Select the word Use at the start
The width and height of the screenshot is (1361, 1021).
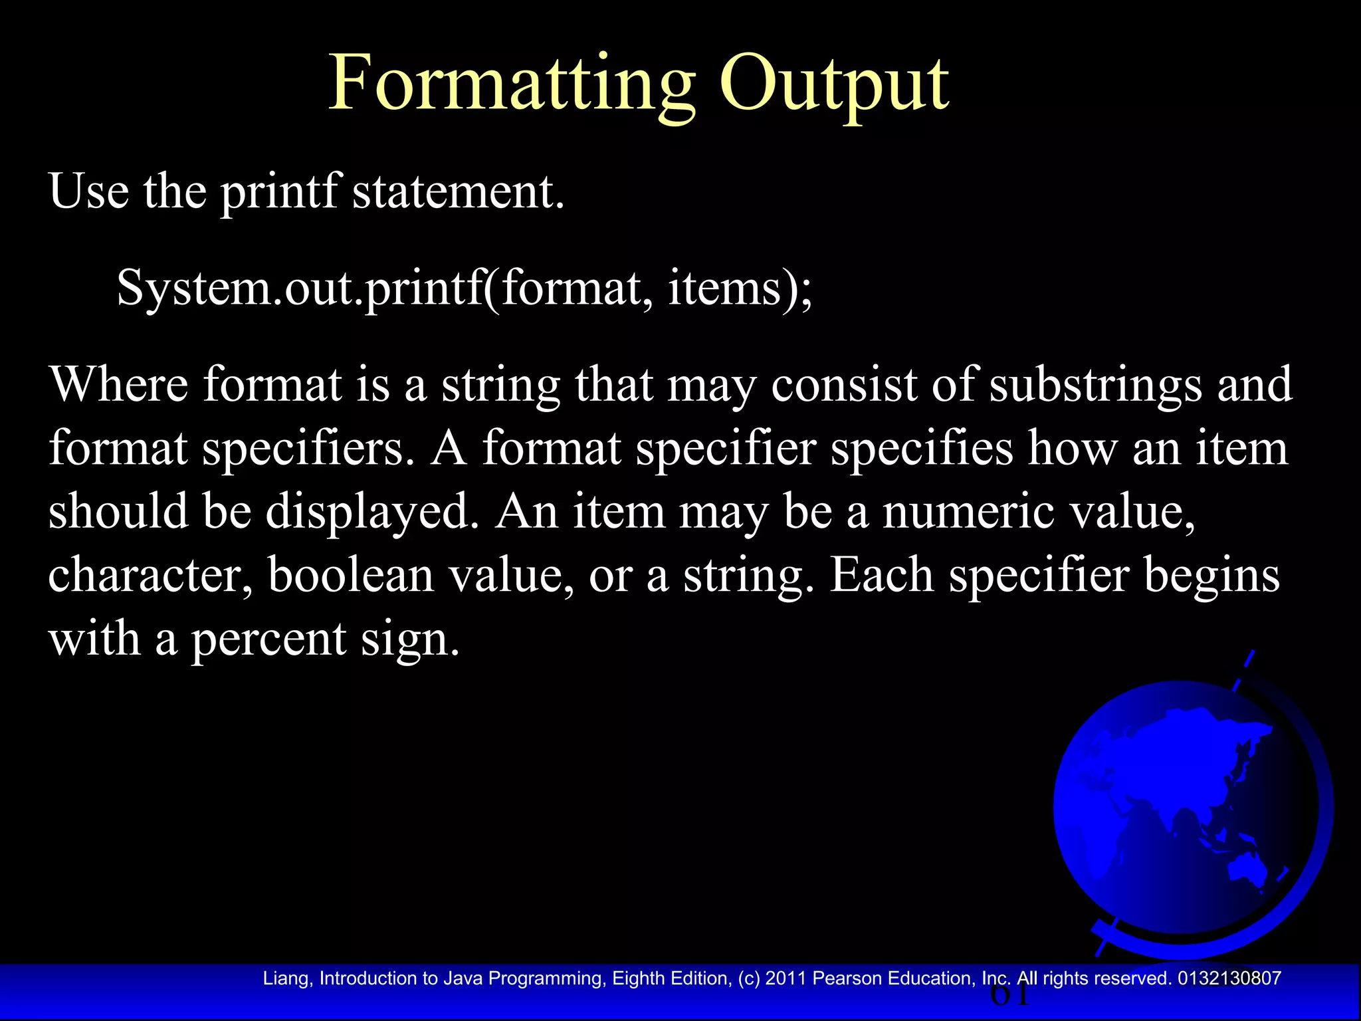point(88,191)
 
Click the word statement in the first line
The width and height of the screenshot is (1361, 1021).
point(458,191)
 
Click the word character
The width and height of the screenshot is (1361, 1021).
point(150,575)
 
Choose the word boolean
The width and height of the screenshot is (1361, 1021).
point(351,575)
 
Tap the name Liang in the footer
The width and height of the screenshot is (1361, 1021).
point(286,978)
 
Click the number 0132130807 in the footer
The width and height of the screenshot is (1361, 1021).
point(1229,978)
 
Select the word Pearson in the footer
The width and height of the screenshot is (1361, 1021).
point(847,978)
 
